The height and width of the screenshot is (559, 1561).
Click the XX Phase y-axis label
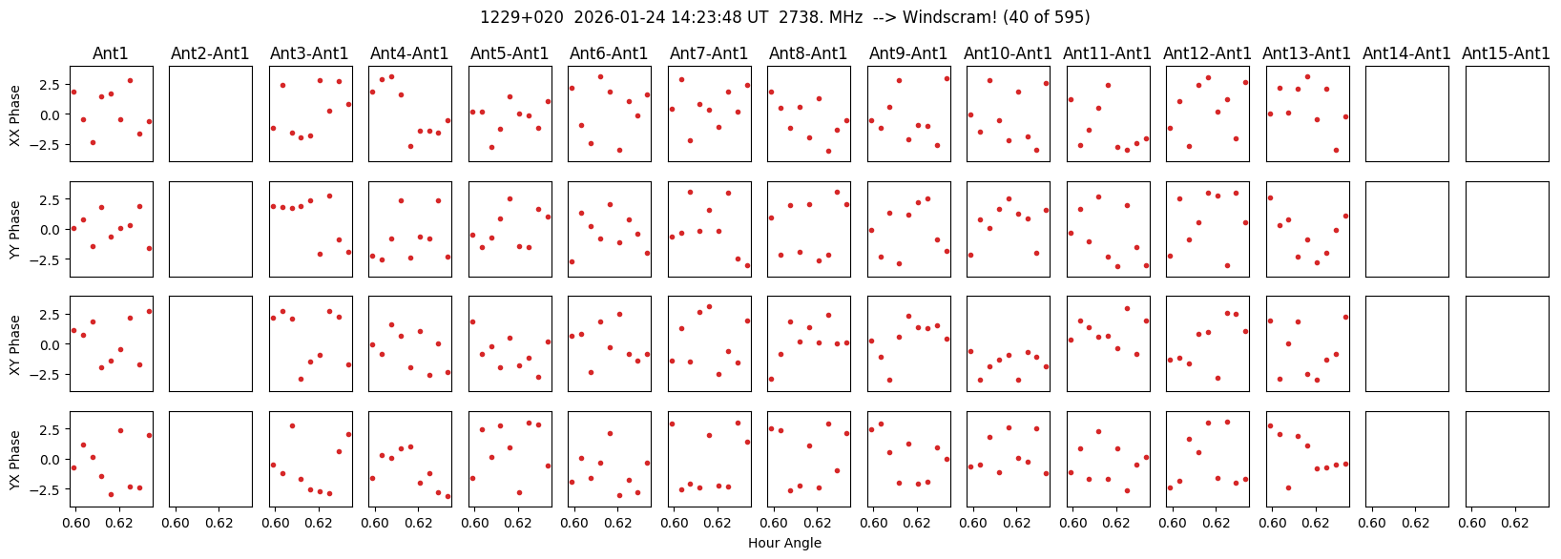[15, 114]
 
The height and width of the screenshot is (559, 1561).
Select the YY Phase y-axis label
[15, 229]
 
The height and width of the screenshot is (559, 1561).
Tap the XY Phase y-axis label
[15, 344]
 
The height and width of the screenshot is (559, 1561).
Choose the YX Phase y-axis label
[15, 459]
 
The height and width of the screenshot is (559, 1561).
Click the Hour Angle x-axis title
[784, 544]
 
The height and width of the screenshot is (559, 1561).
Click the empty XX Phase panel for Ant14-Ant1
[1406, 114]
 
